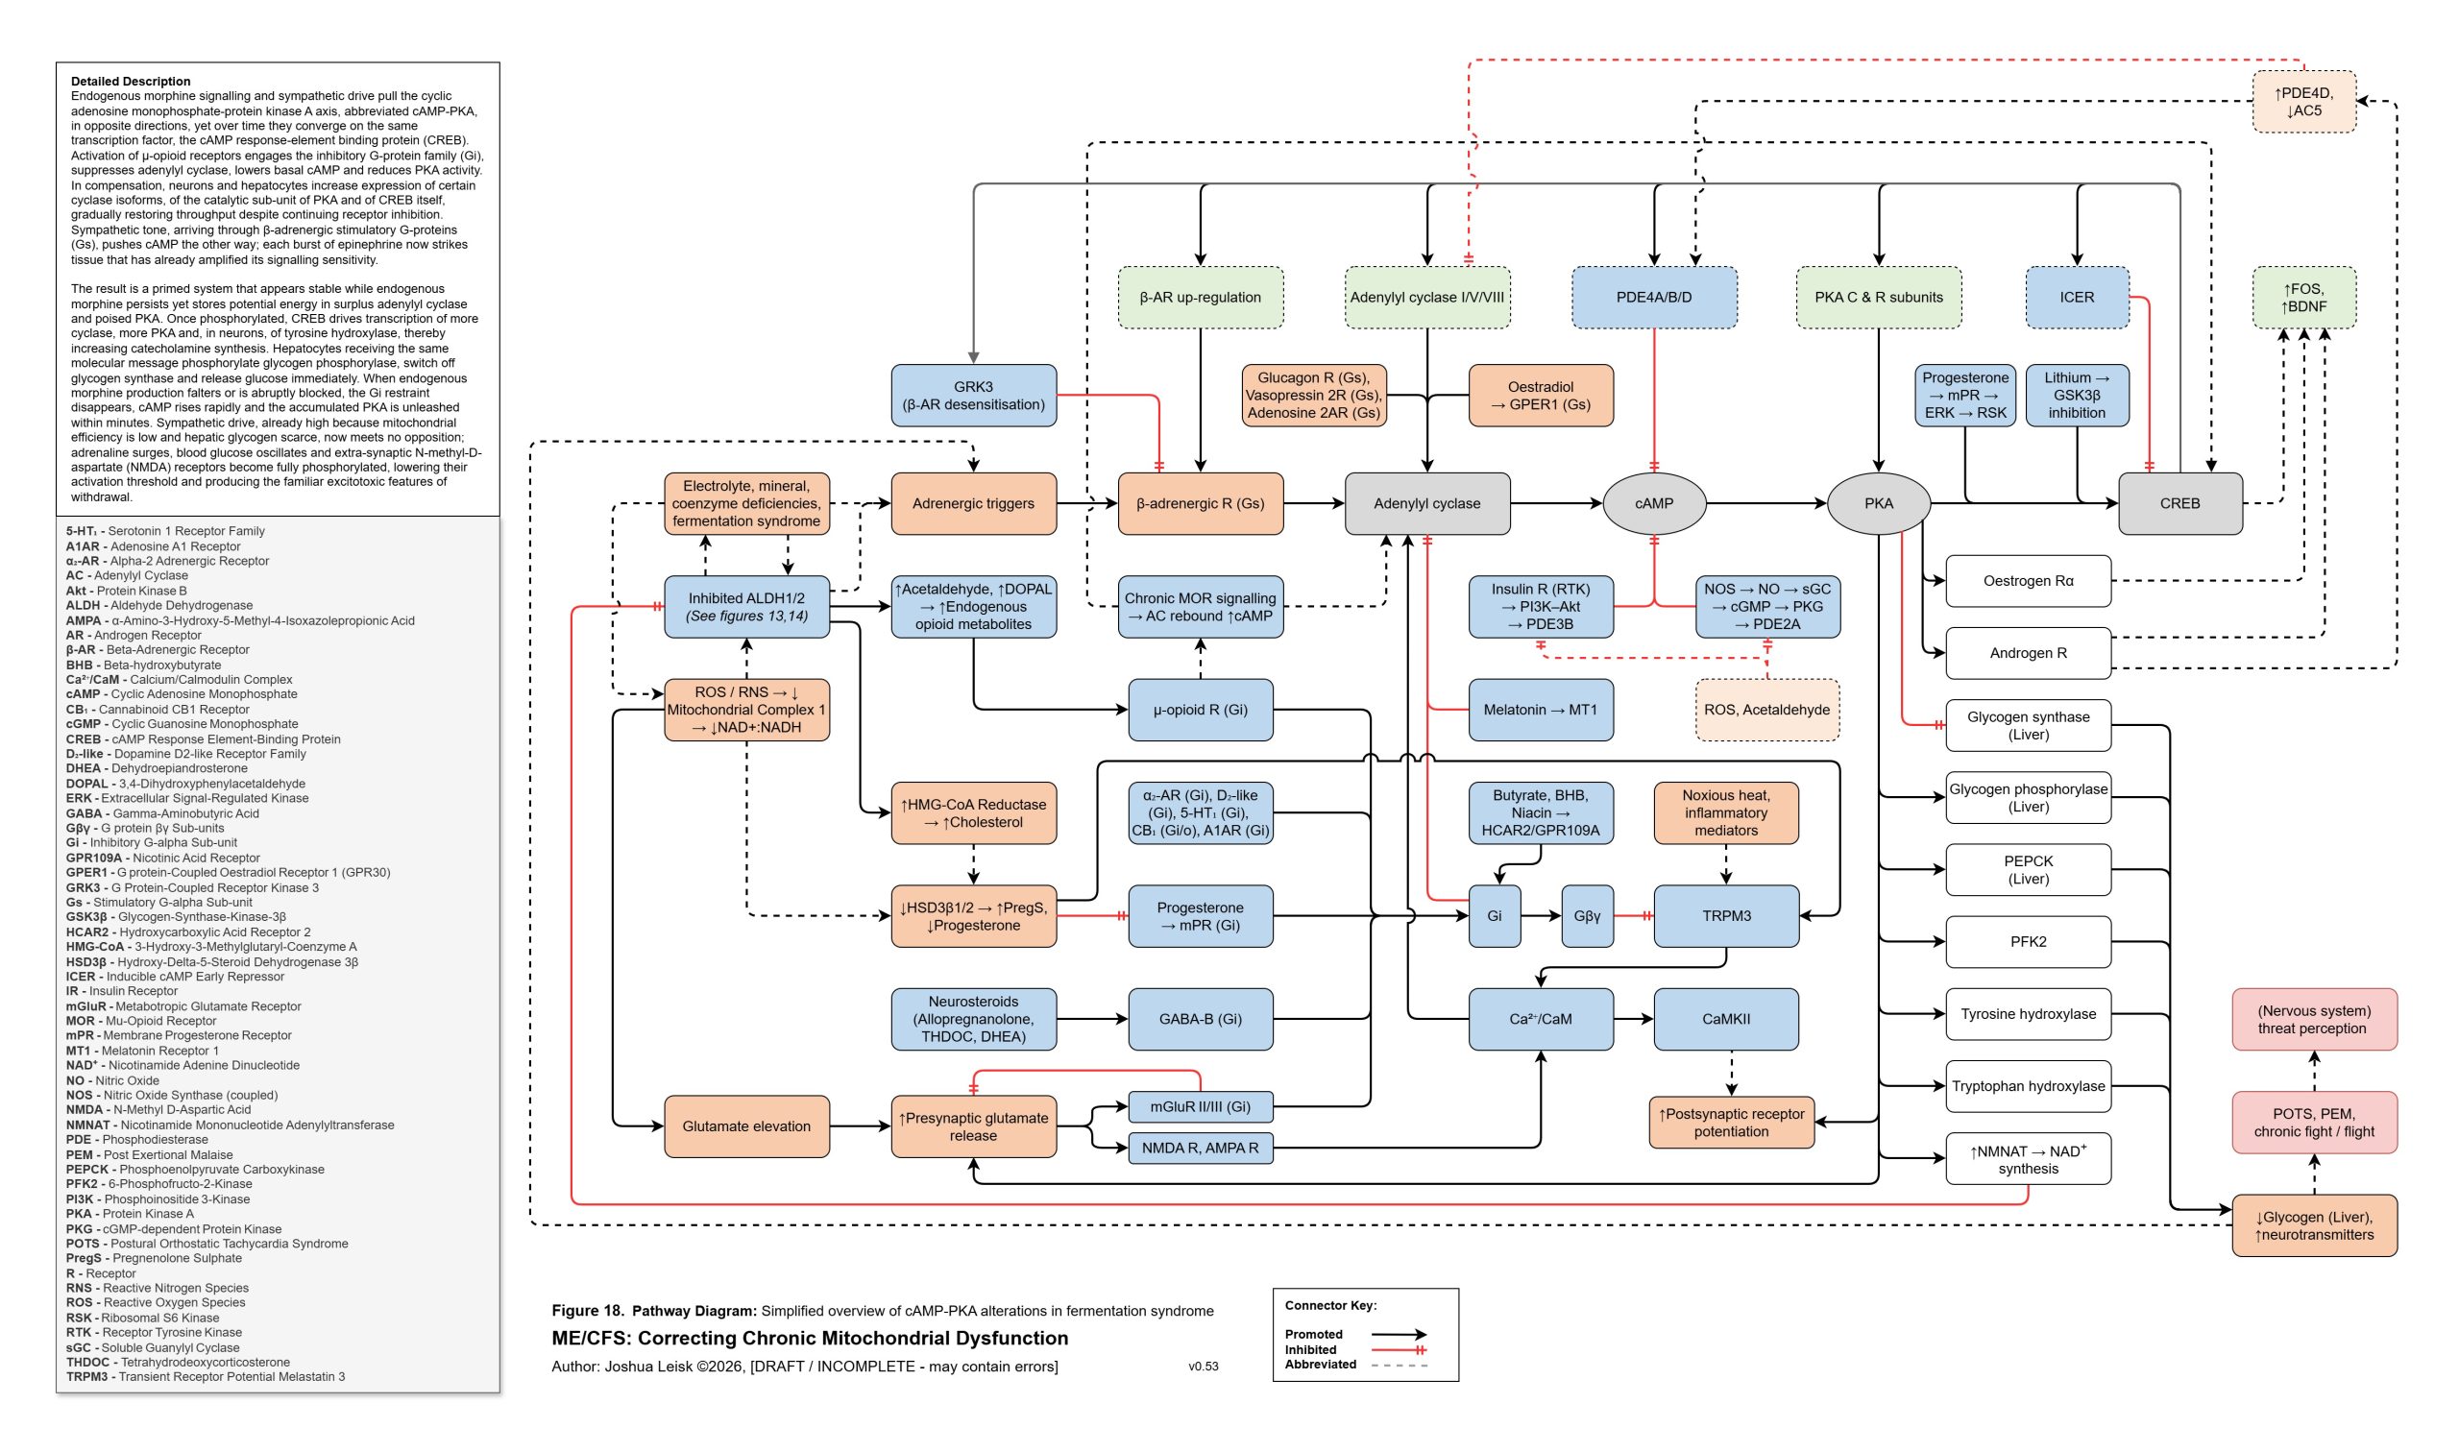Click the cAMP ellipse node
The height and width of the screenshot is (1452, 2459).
click(1653, 503)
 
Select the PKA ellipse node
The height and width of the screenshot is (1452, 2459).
click(1878, 503)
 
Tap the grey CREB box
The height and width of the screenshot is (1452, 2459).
click(2179, 503)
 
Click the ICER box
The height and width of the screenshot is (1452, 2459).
click(2077, 297)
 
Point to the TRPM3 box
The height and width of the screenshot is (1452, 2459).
click(1725, 916)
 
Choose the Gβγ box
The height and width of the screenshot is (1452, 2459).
click(1586, 916)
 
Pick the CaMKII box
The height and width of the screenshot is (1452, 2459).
click(1725, 1019)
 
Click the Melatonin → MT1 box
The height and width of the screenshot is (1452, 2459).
click(1540, 710)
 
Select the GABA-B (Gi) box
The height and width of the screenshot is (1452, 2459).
click(1200, 1019)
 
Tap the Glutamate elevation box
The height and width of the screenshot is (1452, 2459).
click(745, 1126)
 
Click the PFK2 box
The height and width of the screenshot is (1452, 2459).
click(2028, 941)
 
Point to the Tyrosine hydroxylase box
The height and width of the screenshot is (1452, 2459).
click(2028, 1014)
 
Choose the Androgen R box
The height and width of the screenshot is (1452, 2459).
click(2028, 653)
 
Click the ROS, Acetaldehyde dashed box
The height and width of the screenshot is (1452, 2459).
click(1766, 710)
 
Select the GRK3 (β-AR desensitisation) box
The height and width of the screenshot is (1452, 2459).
click(973, 396)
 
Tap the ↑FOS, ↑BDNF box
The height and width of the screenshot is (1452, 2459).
click(2303, 297)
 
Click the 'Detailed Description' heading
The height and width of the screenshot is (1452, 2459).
click(130, 82)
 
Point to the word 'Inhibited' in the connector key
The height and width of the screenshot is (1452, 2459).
click(1309, 1349)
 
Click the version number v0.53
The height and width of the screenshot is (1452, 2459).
click(1203, 1366)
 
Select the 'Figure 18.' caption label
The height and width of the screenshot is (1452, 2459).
click(587, 1310)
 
